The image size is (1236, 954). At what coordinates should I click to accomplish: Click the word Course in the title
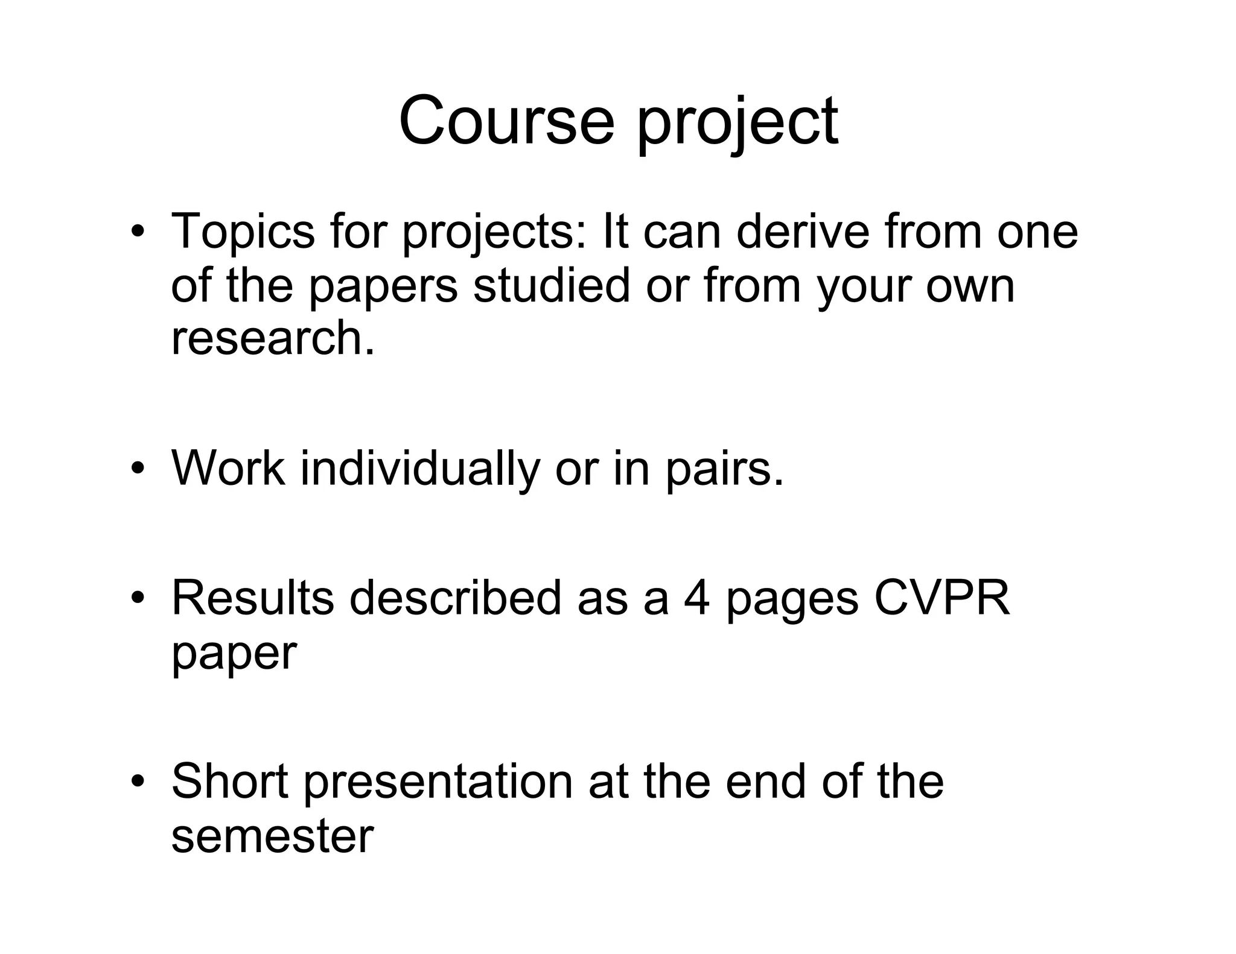click(x=506, y=121)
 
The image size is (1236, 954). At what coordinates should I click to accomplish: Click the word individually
click(x=420, y=469)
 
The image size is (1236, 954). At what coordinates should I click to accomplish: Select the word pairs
click(x=724, y=469)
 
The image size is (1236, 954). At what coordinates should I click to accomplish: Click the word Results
click(x=252, y=598)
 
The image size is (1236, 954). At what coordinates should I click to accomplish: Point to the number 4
click(x=696, y=598)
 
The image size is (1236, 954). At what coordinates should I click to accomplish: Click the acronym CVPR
click(x=941, y=598)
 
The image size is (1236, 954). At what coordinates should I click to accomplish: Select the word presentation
click(x=438, y=783)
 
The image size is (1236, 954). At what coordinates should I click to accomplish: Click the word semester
click(x=273, y=836)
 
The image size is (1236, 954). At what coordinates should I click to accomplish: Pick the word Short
click(x=229, y=782)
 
